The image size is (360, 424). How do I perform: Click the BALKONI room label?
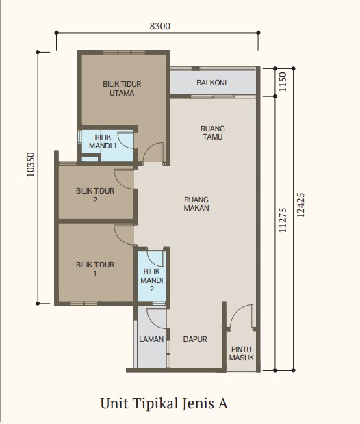[x=211, y=83]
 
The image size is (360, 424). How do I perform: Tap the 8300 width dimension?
[x=160, y=26]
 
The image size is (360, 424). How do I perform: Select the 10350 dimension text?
[x=31, y=165]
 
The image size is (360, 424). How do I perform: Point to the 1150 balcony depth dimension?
[x=282, y=81]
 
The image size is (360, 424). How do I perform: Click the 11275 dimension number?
[x=282, y=220]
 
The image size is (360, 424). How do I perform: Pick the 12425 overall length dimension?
[x=300, y=205]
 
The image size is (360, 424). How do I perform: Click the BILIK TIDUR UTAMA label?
[x=122, y=89]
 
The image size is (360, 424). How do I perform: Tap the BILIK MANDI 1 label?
[x=103, y=142]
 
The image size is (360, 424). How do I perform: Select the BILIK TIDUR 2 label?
[x=95, y=196]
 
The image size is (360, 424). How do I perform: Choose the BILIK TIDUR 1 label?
[x=95, y=269]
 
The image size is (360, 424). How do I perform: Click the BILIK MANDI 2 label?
[x=151, y=280]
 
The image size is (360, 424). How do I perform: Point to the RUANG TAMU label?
[x=213, y=133]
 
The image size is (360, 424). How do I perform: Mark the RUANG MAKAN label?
[x=196, y=204]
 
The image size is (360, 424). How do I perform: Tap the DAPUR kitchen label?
[x=195, y=339]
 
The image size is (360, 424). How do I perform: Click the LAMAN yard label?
[x=151, y=339]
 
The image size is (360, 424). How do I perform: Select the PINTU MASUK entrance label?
[x=242, y=354]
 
